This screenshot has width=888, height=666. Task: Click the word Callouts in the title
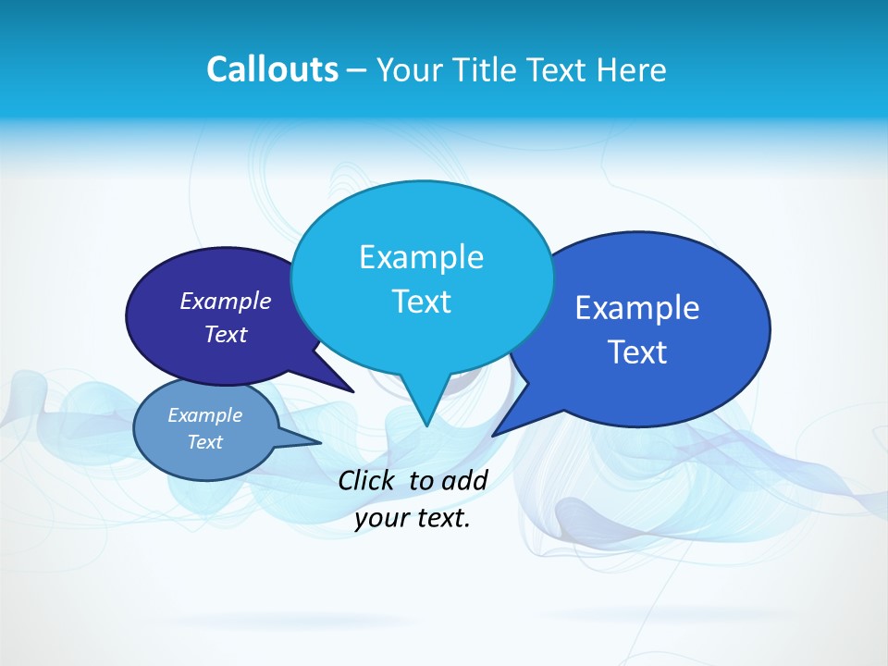tap(272, 69)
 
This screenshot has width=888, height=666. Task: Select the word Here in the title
tap(632, 69)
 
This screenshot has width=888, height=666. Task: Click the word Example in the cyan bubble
tap(421, 257)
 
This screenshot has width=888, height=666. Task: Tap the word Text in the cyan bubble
tap(421, 302)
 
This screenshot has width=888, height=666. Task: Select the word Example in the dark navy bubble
tap(225, 301)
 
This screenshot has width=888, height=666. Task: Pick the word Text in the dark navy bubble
tap(225, 334)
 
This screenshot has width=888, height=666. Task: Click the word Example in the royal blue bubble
tap(637, 308)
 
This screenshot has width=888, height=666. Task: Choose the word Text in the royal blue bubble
tap(637, 352)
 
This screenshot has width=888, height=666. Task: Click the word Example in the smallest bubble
tap(204, 415)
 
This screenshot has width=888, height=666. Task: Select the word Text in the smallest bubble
tap(204, 442)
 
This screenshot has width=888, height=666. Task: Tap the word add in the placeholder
tap(464, 480)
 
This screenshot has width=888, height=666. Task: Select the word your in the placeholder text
tap(380, 518)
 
